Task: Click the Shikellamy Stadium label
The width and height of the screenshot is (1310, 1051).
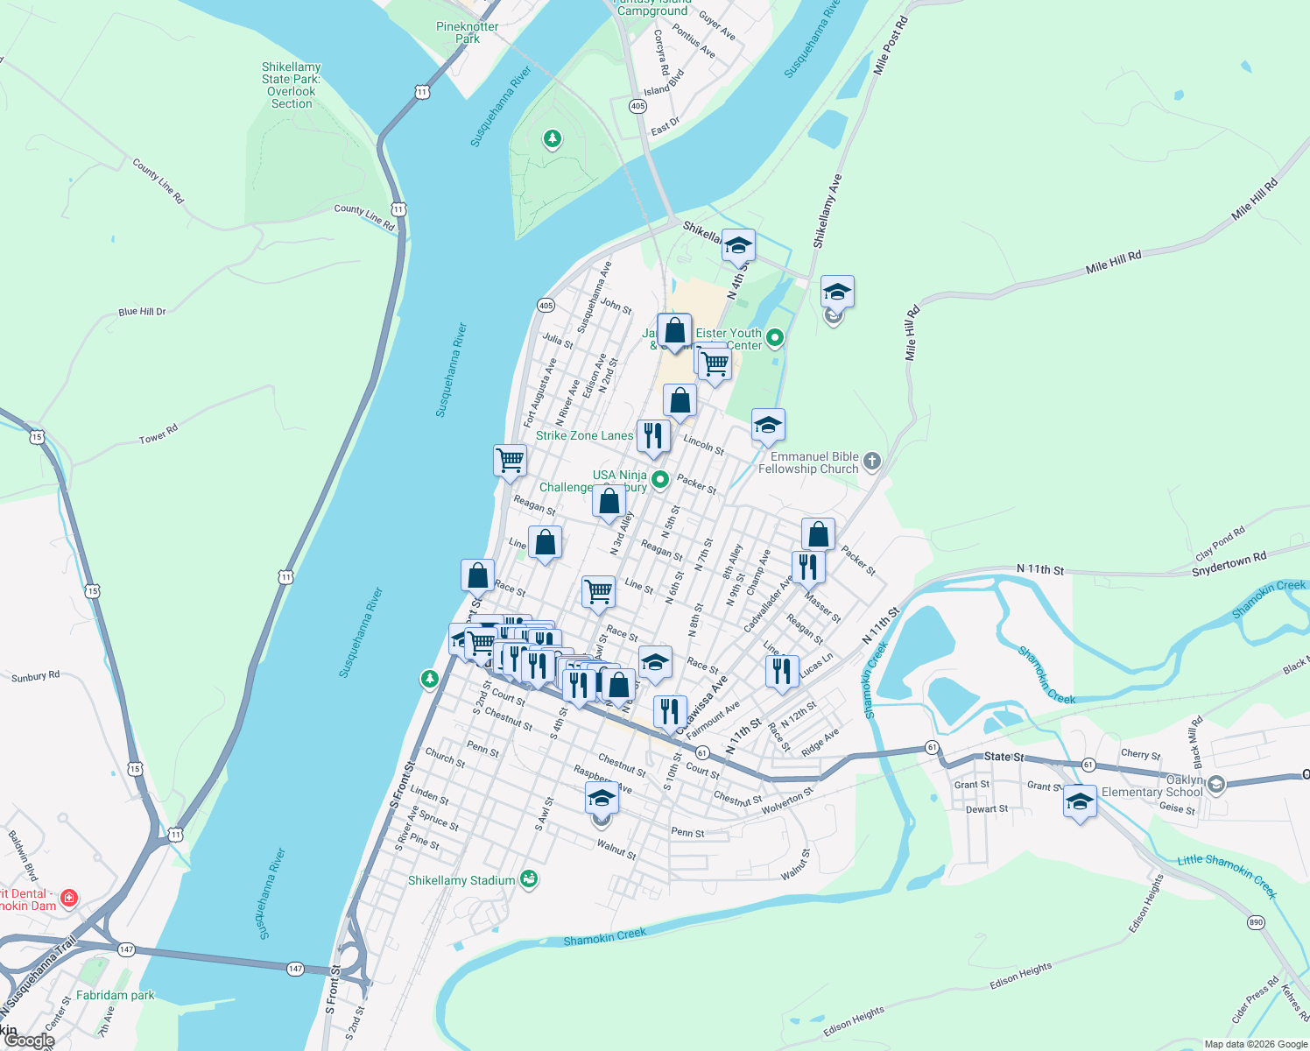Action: (461, 880)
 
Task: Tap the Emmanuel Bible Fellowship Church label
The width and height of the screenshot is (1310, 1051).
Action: (808, 462)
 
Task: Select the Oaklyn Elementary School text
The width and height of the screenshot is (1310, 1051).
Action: (1152, 786)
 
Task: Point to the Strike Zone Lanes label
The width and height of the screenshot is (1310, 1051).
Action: (584, 435)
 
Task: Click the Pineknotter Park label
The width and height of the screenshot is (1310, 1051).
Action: (467, 32)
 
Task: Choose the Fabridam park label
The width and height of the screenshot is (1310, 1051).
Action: (115, 995)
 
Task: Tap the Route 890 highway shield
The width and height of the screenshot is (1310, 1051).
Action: (1256, 922)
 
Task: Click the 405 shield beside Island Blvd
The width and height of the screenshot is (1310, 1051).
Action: (637, 106)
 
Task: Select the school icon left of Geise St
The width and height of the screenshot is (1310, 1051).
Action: (1080, 801)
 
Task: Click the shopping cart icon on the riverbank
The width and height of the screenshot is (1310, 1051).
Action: (510, 459)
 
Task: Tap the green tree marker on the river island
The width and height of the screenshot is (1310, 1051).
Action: (552, 138)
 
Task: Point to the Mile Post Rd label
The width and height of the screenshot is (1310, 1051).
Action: (892, 44)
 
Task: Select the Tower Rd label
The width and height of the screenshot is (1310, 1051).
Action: (158, 434)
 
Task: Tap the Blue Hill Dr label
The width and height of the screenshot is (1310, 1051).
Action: (142, 312)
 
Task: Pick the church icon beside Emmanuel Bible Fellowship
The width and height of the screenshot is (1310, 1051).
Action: (871, 461)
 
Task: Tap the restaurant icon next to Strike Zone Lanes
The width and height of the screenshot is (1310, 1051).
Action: (653, 435)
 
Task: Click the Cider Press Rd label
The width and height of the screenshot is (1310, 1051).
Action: (1254, 999)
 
